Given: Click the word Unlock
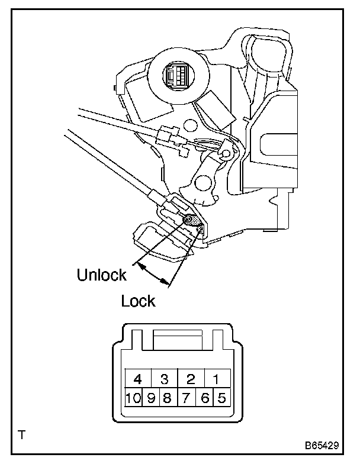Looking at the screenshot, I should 101,275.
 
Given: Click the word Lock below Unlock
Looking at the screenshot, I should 138,301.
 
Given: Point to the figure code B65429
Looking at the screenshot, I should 322,443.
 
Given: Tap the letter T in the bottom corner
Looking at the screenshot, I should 22,436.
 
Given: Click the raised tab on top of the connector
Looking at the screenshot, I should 178,342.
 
